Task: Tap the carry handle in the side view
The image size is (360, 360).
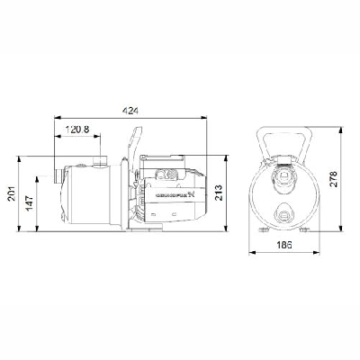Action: point(134,148)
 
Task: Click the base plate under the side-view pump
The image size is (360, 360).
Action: point(144,237)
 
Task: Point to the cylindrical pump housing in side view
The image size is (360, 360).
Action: point(85,198)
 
